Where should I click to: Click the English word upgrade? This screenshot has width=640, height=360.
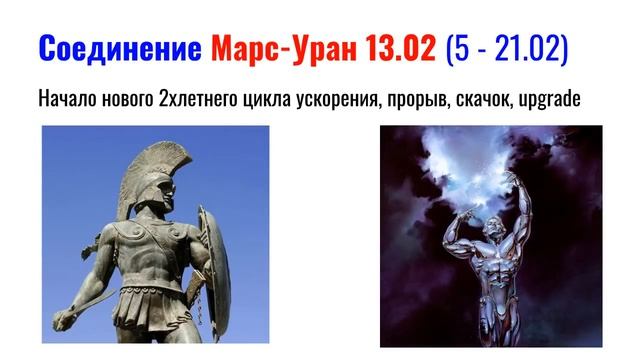pos(561,101)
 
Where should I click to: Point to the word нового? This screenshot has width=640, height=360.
pos(127,101)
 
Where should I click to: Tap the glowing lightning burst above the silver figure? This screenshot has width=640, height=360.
pos(490,165)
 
